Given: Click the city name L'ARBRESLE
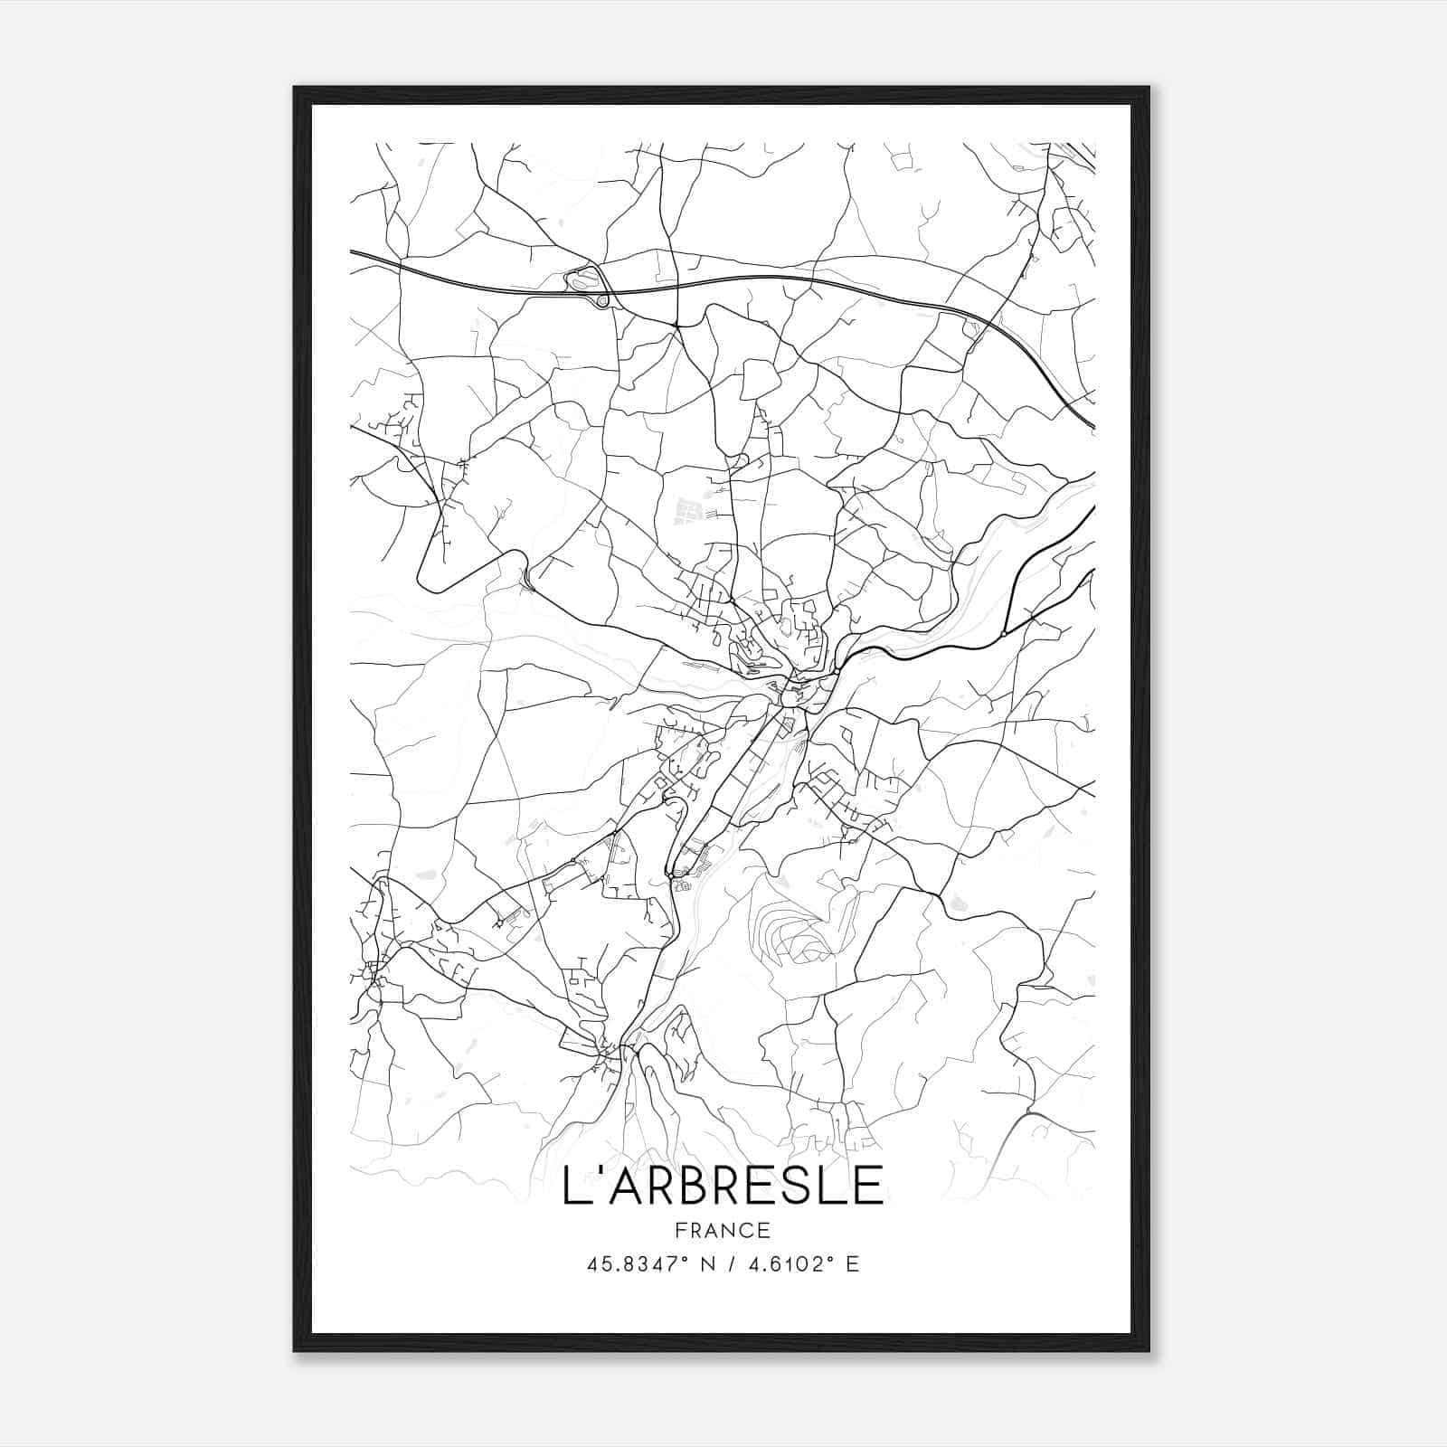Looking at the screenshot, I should click(723, 1185).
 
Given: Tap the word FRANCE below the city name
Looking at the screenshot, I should click(723, 1231).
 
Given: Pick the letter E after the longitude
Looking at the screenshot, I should click(851, 1264).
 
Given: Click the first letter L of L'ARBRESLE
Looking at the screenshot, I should click(572, 1185).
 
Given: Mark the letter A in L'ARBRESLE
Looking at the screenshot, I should click(616, 1185).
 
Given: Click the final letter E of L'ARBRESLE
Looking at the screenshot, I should click(868, 1185).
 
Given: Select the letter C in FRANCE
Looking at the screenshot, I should click(746, 1231).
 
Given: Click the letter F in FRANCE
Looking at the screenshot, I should click(679, 1231).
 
